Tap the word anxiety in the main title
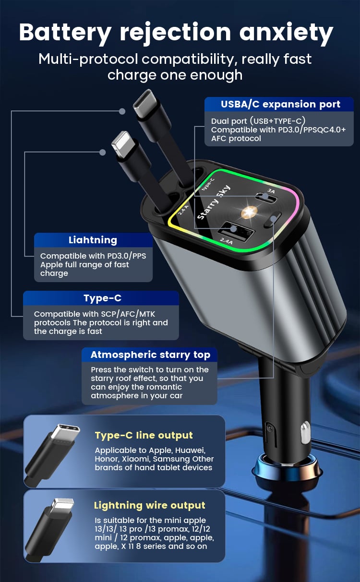(286, 33)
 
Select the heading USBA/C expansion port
(280, 104)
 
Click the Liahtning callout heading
(93, 240)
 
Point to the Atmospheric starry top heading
(151, 355)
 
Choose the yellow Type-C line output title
(144, 435)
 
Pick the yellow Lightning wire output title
(150, 505)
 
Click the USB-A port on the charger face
(236, 229)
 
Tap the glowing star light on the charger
(249, 212)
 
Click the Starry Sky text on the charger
(214, 202)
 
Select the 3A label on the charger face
(271, 191)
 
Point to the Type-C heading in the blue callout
(102, 298)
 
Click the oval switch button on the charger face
(273, 220)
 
